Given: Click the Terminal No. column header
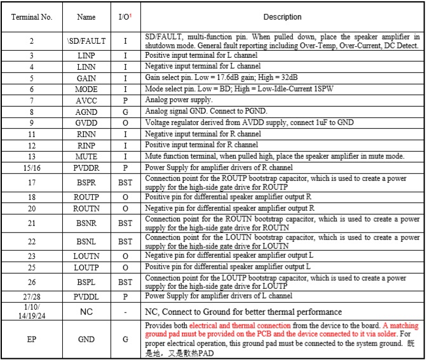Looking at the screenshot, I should point(32,17).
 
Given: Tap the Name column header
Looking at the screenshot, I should point(86,17).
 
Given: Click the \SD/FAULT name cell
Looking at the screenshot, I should point(86,41).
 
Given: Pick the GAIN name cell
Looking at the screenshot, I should point(86,78).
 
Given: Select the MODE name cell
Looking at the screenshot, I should point(86,90).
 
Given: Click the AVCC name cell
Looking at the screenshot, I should point(86,100).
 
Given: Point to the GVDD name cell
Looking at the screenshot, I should point(86,123).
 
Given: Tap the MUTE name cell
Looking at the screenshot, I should point(86,156).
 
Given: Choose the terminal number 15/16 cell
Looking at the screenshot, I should point(32,168).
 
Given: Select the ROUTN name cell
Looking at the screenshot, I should point(86,208).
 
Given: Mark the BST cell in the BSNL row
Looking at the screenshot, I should point(125,242).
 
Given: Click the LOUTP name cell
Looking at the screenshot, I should point(86,267).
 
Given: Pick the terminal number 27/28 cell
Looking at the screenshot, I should point(32,295).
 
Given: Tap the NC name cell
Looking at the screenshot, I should point(86,312).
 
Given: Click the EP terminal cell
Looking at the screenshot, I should point(32,340).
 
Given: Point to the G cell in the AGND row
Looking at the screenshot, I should point(125,112).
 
